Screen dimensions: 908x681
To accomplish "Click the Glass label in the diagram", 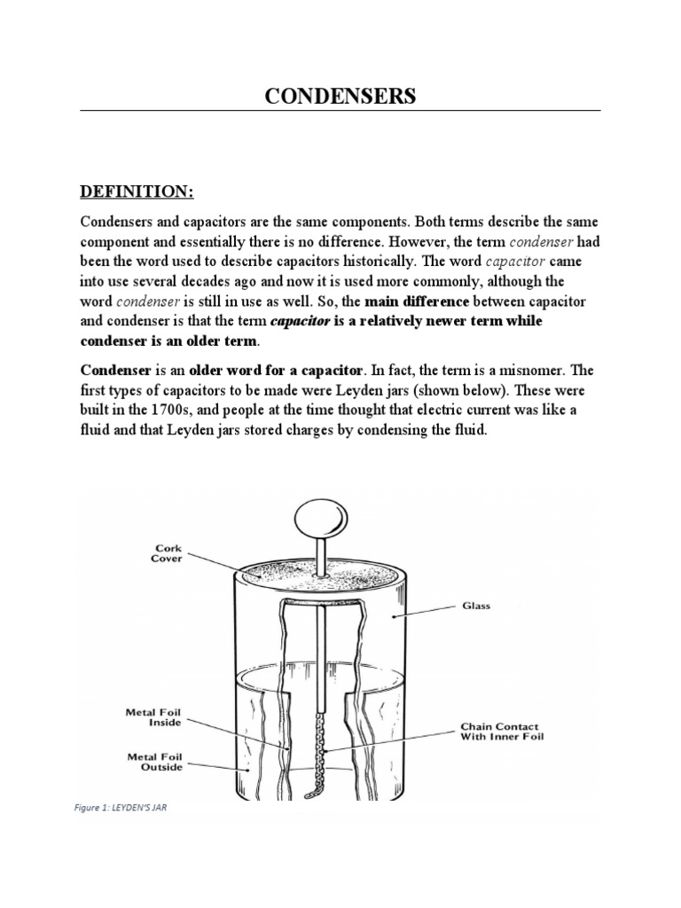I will click(474, 607).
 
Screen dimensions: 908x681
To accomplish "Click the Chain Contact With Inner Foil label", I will click(501, 730).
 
